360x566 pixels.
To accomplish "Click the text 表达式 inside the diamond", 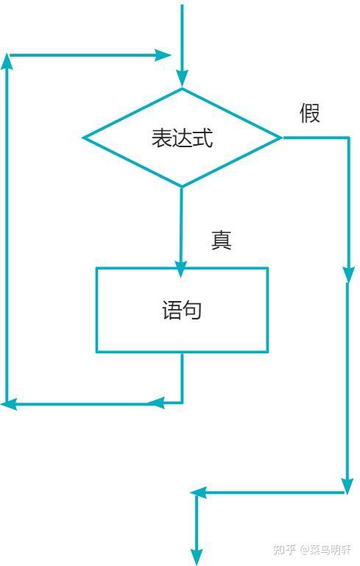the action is [x=182, y=138].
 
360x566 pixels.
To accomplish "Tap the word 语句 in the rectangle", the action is [x=182, y=310].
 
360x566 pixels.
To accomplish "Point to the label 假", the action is [x=310, y=113].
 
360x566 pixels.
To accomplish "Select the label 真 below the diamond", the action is [x=222, y=240].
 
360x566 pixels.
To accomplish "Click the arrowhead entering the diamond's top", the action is [x=182, y=78].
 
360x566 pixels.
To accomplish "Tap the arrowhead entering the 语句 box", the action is [x=180, y=269].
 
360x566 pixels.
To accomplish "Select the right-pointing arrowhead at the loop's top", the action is [x=163, y=55].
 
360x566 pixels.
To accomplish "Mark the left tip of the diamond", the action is [x=83, y=138].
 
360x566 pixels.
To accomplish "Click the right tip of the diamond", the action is [x=282, y=138].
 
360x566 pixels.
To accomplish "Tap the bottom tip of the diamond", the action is [x=182, y=187].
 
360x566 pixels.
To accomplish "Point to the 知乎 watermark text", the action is [x=284, y=550].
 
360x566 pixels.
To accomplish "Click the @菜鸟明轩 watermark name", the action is [x=325, y=550].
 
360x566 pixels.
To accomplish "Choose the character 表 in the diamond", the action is [x=161, y=138].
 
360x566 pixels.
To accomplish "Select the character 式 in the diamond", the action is [x=203, y=138].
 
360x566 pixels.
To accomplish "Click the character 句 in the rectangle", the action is [x=191, y=310].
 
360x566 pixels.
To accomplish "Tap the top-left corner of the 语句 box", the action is [x=96, y=268].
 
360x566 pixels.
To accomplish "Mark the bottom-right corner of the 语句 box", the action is [x=267, y=352].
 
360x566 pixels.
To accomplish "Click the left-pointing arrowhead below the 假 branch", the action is [x=198, y=492].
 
